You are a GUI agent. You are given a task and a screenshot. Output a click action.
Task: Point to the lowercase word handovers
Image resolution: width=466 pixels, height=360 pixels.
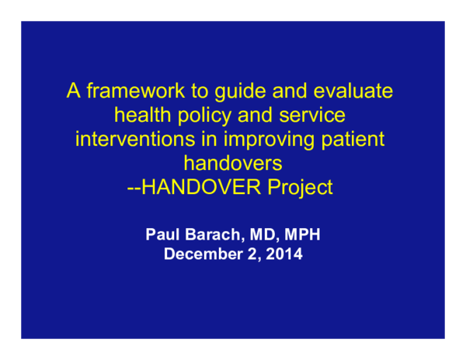pyautogui.click(x=232, y=163)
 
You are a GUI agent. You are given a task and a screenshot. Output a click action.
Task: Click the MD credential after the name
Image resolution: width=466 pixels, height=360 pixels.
pyautogui.click(x=261, y=234)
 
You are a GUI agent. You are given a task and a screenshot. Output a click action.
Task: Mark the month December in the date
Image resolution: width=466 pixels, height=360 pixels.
pyautogui.click(x=200, y=253)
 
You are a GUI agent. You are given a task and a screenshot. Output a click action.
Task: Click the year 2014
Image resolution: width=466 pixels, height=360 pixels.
pyautogui.click(x=283, y=253)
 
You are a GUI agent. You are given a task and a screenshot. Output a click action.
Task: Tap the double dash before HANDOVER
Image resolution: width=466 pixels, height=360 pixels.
pyautogui.click(x=133, y=187)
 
